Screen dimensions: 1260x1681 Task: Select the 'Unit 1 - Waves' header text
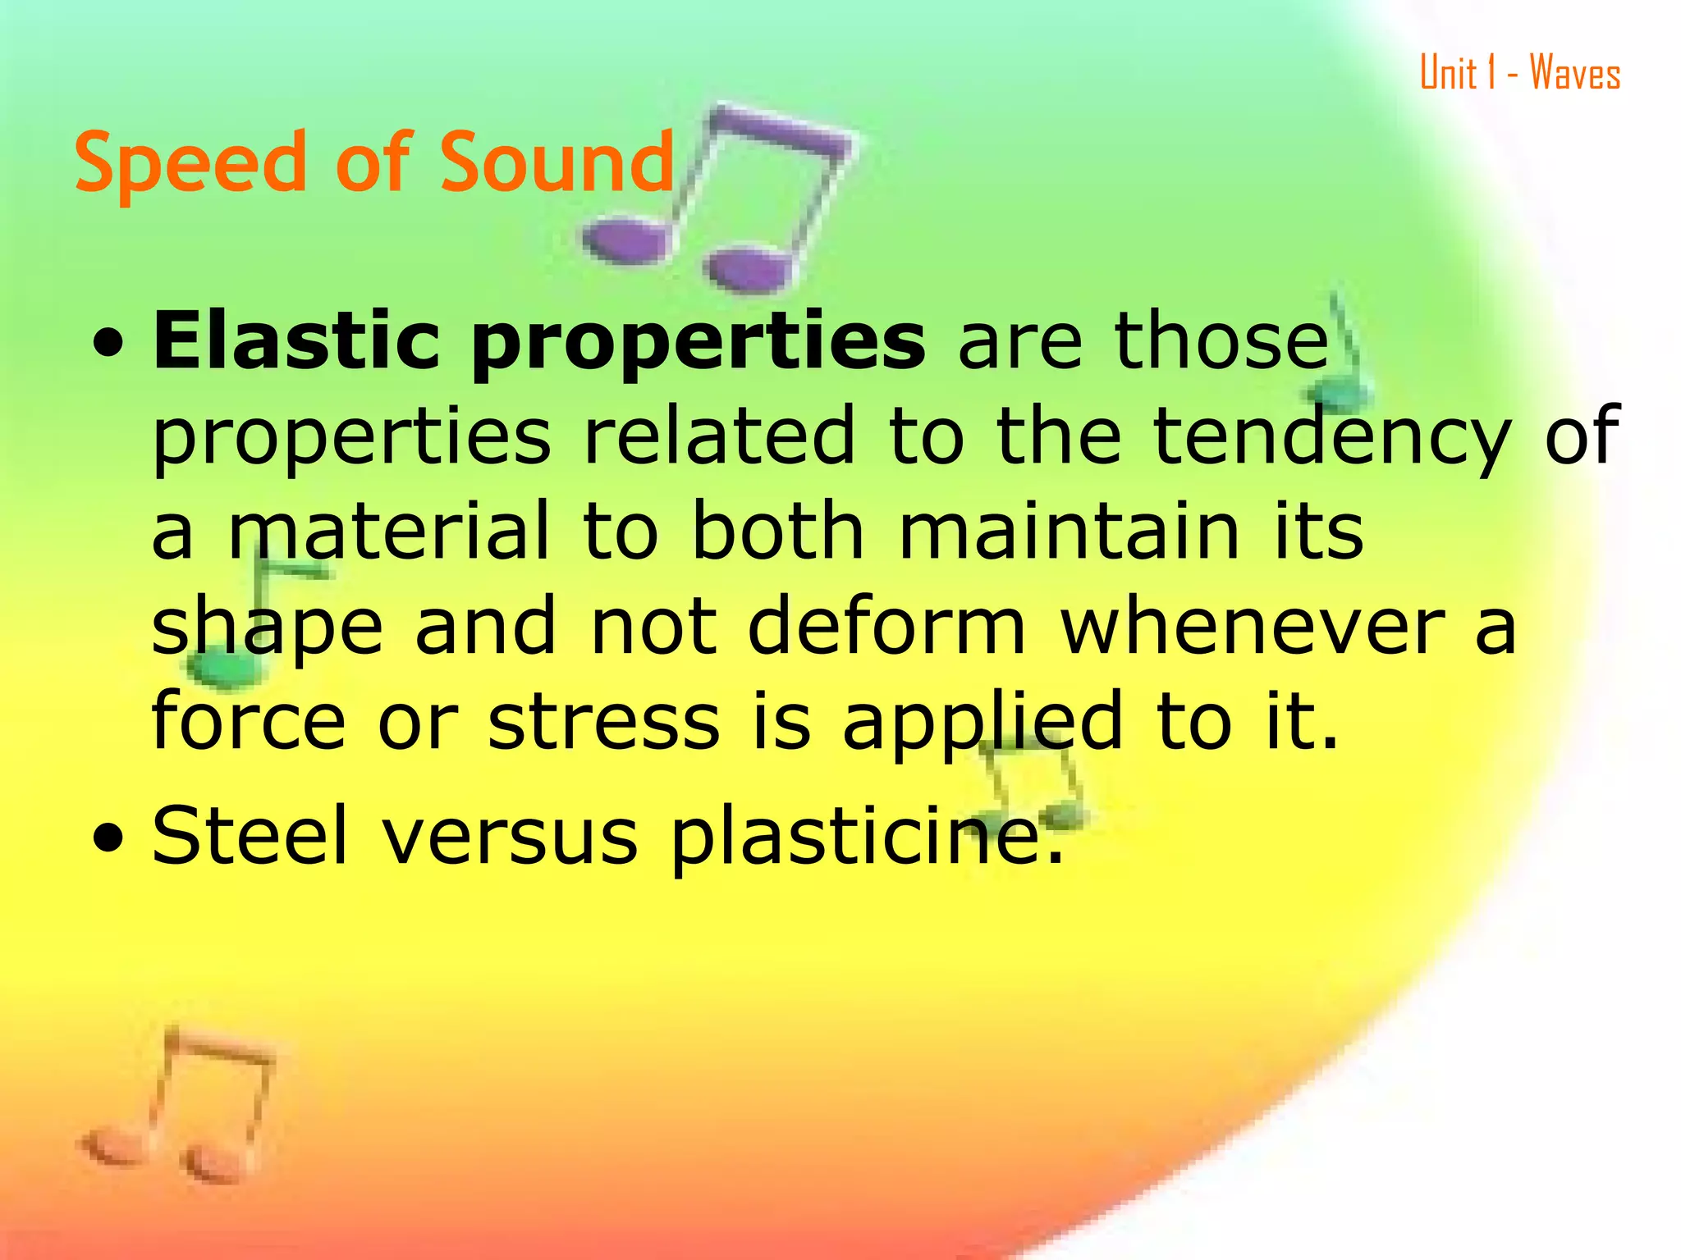pyautogui.click(x=1520, y=74)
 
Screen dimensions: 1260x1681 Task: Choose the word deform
pyautogui.click(x=886, y=627)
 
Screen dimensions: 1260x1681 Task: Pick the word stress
pyautogui.click(x=604, y=721)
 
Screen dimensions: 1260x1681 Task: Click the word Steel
pyautogui.click(x=250, y=835)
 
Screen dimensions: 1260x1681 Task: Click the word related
pyautogui.click(x=719, y=436)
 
